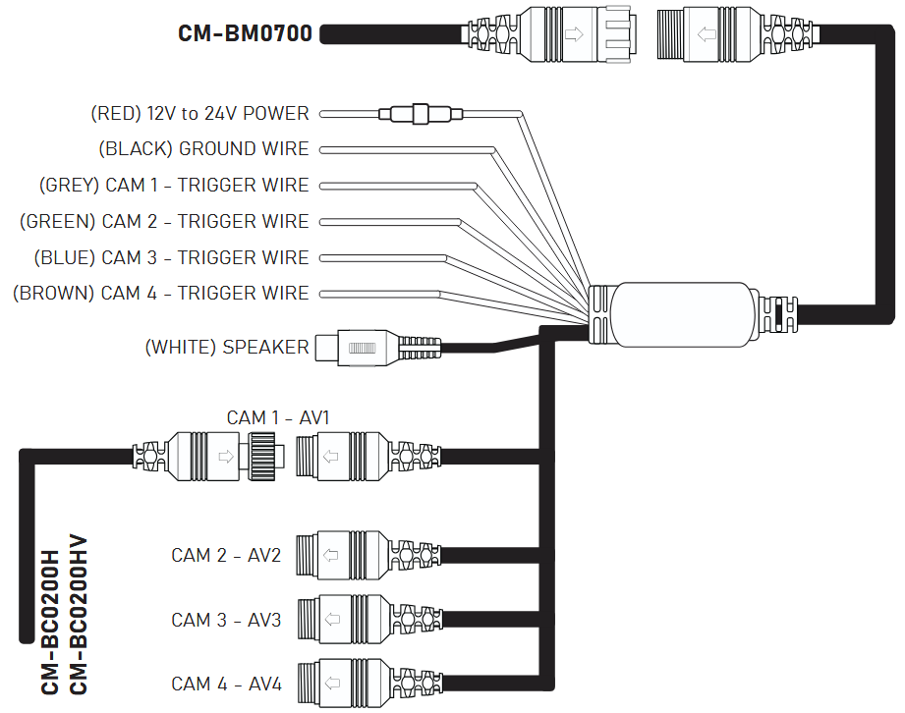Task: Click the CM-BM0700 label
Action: point(245,34)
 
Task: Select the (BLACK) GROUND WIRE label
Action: point(203,149)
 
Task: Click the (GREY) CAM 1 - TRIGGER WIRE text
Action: point(174,186)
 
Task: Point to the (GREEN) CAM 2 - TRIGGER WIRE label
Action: point(164,222)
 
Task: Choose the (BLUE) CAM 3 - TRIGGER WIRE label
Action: point(171,258)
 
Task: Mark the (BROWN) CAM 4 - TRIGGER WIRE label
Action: point(160,294)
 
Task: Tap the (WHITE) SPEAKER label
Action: point(226,348)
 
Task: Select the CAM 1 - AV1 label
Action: point(278,418)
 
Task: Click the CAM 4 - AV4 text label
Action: point(226,684)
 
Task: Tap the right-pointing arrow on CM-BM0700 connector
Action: point(574,34)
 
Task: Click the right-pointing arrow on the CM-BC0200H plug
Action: point(225,456)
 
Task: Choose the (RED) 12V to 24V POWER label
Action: point(199,114)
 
